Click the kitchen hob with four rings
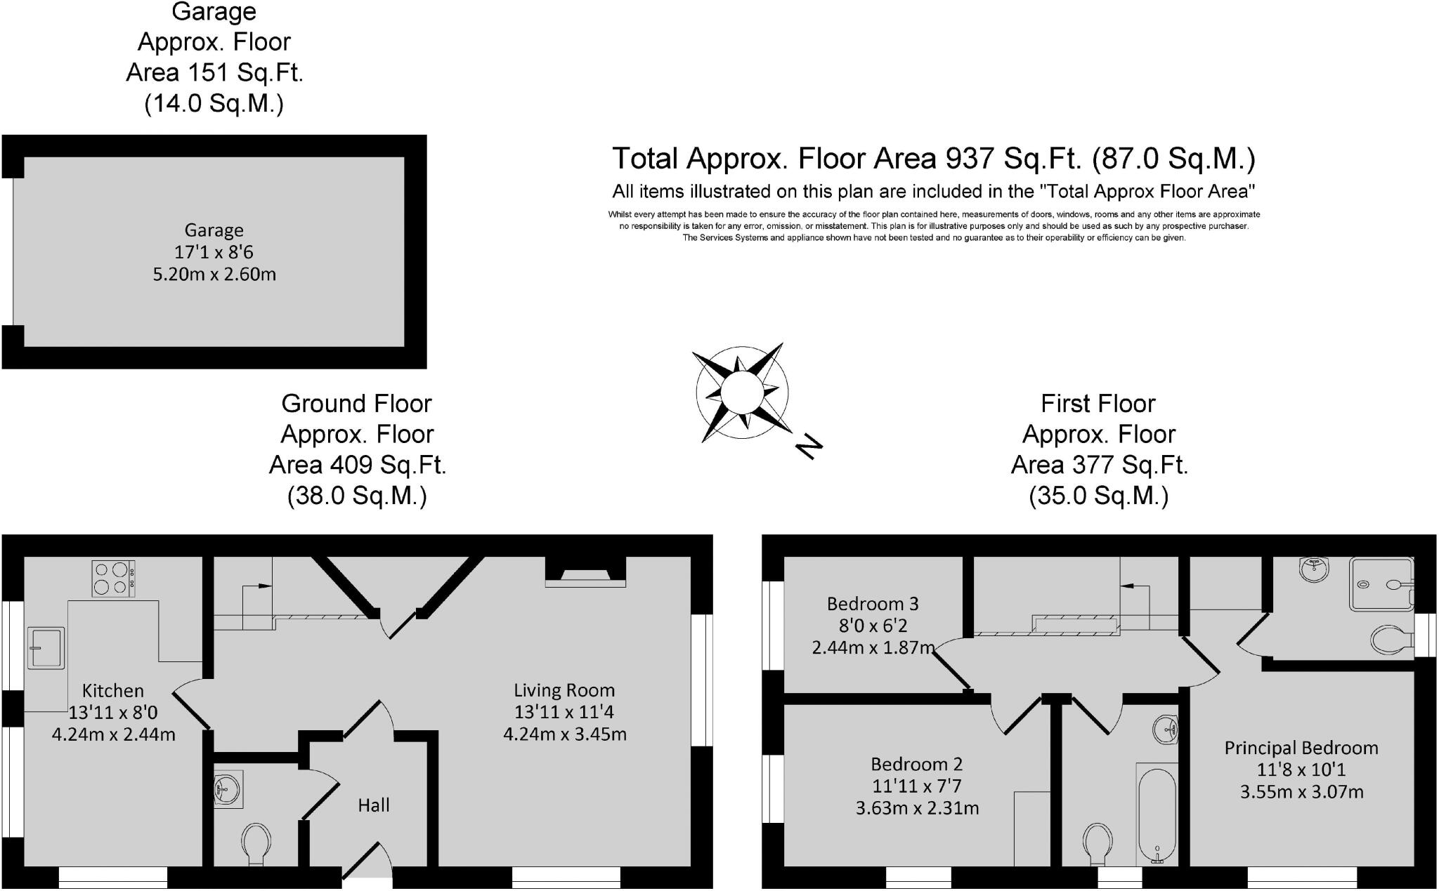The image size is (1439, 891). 113,579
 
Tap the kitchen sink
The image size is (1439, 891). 46,647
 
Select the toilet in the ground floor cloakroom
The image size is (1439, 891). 256,843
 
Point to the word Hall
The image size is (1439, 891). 373,805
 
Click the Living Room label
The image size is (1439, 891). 564,690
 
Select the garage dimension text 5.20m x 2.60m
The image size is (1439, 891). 214,274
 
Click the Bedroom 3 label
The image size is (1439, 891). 872,604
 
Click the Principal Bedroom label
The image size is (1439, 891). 1301,748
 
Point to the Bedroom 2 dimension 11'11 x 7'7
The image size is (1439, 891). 916,786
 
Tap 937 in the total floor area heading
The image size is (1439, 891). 970,159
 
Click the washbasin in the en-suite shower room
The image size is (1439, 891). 1315,569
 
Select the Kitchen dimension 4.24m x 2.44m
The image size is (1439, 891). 113,734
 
